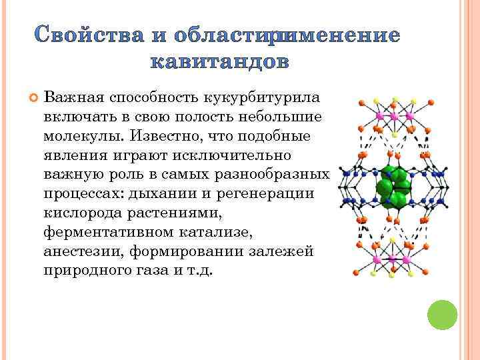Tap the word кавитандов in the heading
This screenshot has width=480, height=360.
(219, 61)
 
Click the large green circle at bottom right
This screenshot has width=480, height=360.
(441, 315)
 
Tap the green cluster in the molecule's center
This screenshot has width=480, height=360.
(394, 188)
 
